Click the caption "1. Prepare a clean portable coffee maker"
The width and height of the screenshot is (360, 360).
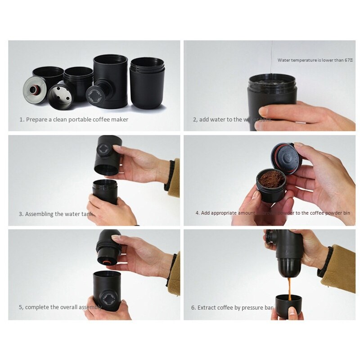pyautogui.click(x=74, y=120)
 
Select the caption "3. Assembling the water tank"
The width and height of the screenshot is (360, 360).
pyautogui.click(x=56, y=214)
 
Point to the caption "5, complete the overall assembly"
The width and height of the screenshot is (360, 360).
pyautogui.click(x=60, y=307)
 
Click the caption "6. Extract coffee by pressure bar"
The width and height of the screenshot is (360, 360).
pyautogui.click(x=232, y=308)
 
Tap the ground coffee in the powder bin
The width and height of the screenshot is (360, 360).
pyautogui.click(x=271, y=180)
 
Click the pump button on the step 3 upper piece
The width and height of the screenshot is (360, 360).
pyautogui.click(x=103, y=150)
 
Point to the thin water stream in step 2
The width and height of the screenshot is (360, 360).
pyautogui.click(x=272, y=56)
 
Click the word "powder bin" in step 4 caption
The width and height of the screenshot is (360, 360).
pyautogui.click(x=337, y=213)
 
